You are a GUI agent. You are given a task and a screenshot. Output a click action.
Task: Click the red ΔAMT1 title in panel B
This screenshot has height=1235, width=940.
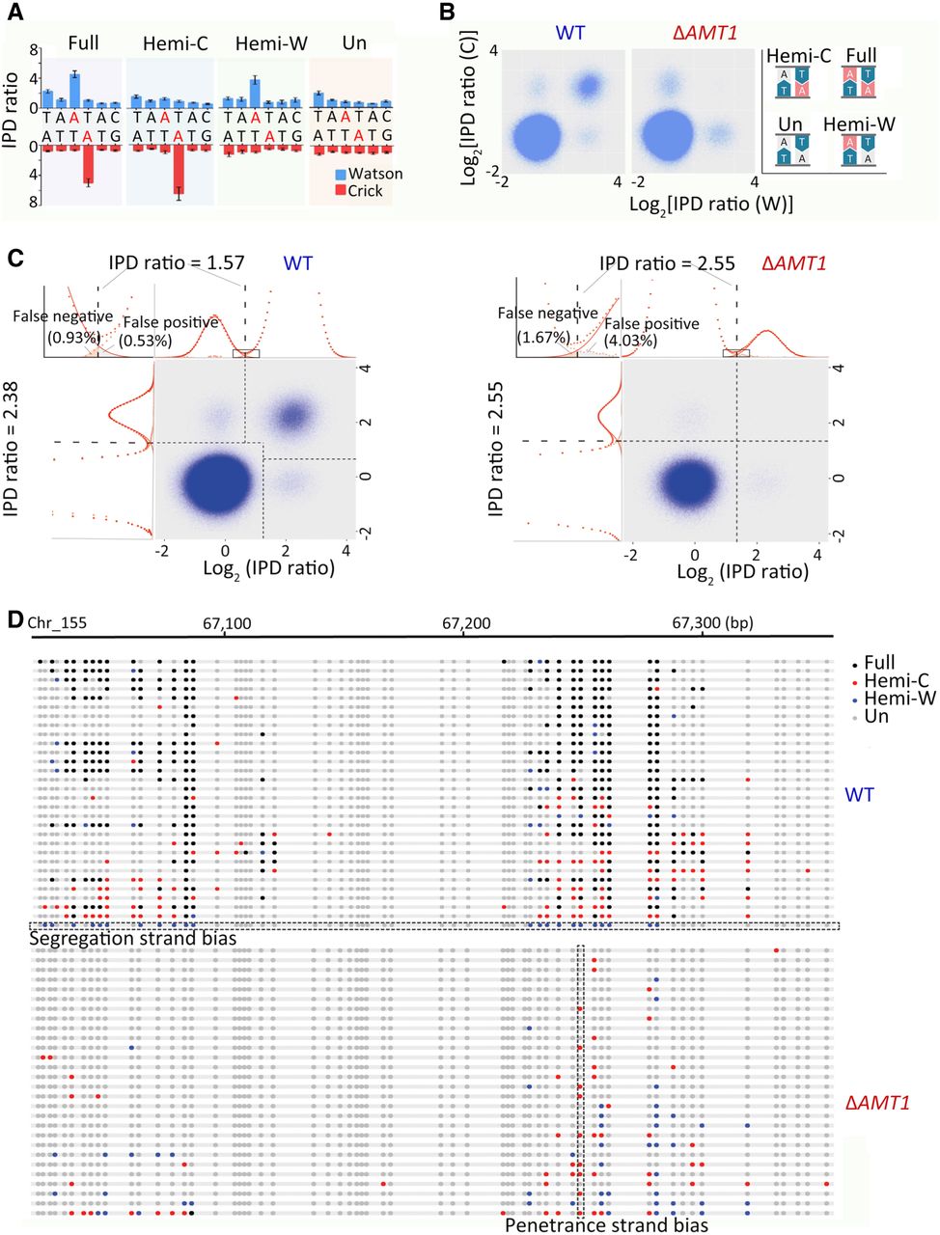[x=705, y=33]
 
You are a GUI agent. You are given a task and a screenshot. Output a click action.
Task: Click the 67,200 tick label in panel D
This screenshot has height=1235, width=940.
[x=466, y=622]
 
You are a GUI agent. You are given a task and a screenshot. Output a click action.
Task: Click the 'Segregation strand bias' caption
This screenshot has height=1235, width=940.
[x=133, y=938]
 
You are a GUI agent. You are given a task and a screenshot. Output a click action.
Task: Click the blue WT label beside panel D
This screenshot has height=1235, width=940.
[x=860, y=794]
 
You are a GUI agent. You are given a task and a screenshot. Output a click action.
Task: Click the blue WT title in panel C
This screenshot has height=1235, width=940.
[x=298, y=262]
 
